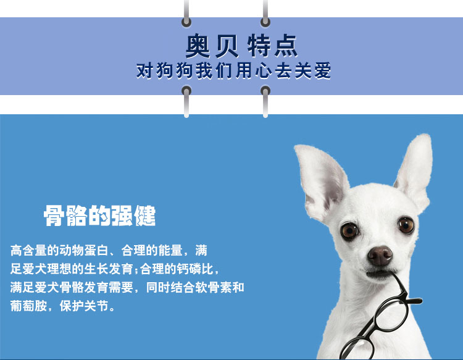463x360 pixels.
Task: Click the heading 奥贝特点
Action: (x=241, y=46)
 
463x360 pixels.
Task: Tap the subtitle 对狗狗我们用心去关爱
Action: (x=233, y=70)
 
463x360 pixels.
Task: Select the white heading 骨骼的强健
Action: (x=100, y=216)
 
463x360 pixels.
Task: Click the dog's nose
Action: (x=380, y=256)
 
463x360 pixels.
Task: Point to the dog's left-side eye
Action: (x=349, y=231)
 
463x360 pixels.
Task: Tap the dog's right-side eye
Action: (x=406, y=225)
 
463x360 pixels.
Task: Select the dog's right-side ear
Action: (x=415, y=172)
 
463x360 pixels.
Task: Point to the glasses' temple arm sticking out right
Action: (x=414, y=301)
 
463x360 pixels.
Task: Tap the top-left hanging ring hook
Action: (x=186, y=14)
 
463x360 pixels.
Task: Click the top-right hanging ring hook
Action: (x=265, y=14)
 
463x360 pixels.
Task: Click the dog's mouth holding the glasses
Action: (x=380, y=274)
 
